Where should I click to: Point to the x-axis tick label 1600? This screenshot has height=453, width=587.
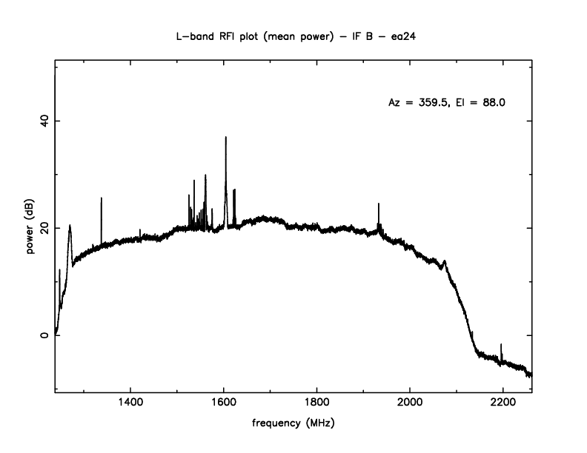[224, 404]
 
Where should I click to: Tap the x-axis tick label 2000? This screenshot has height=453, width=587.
[410, 404]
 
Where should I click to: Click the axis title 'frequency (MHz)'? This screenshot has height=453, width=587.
[293, 427]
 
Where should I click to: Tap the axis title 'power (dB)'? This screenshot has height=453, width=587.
[31, 228]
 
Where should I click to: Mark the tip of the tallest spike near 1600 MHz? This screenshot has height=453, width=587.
[226, 137]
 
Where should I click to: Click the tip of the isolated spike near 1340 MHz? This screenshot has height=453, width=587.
[102, 198]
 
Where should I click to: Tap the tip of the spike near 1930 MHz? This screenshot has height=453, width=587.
[379, 204]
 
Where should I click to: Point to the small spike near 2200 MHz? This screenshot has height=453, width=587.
[502, 345]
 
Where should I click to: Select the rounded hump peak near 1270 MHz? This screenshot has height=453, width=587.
[70, 226]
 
